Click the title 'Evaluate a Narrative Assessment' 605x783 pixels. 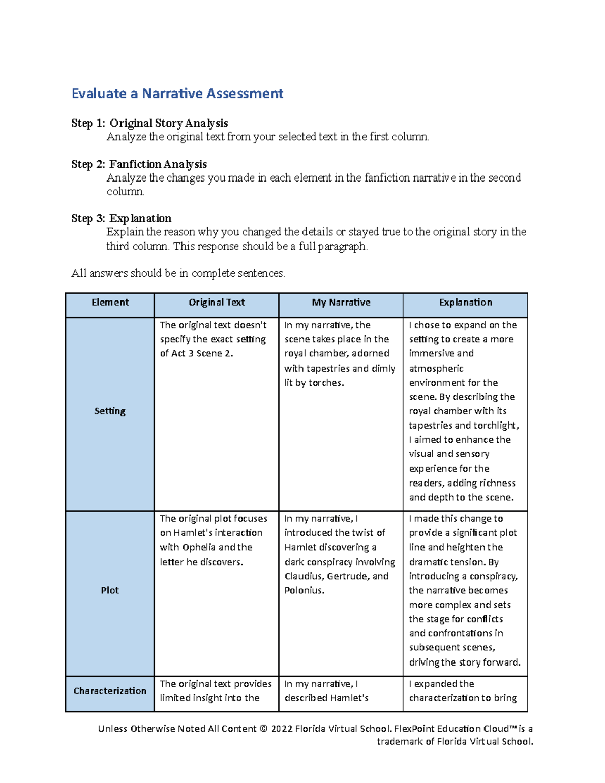coord(177,94)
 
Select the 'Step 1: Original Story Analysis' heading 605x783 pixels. coord(149,123)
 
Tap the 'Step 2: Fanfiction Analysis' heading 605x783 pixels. coord(139,164)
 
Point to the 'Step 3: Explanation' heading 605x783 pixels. coord(121,218)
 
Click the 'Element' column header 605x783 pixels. coord(110,303)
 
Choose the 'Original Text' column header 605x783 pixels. coord(216,303)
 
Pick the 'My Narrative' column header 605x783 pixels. coord(341,303)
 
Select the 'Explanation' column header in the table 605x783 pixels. coord(465,303)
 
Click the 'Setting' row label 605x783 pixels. coord(110,411)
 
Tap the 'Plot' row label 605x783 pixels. coord(110,590)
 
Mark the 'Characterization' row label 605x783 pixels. coord(110,691)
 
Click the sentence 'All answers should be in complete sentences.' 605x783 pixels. coord(178,273)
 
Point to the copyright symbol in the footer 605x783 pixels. coord(263,729)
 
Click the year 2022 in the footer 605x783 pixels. coord(281,729)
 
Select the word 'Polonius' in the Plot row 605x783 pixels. coord(303,590)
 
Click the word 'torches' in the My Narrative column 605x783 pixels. coord(326,383)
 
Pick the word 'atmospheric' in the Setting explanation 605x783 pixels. coord(436,369)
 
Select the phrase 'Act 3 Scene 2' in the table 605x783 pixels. coord(202,354)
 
